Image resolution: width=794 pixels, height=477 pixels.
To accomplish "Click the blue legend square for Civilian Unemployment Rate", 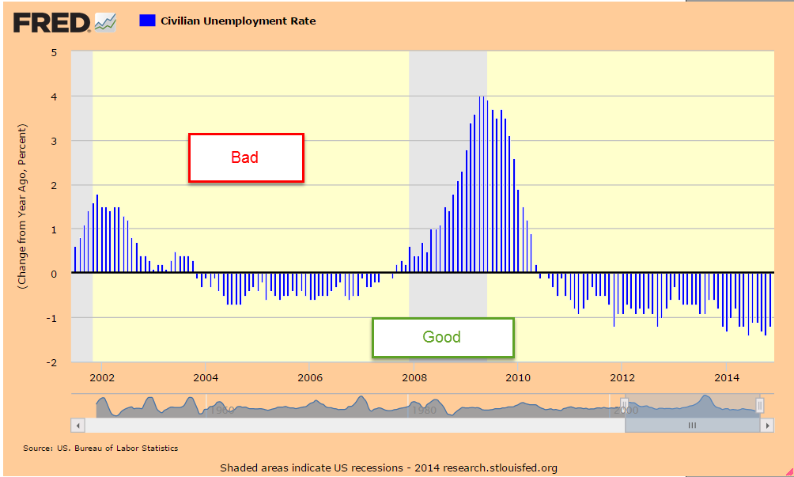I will (146, 21).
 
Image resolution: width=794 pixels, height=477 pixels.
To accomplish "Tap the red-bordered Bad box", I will (245, 157).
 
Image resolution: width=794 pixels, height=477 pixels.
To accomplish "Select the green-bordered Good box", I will (441, 337).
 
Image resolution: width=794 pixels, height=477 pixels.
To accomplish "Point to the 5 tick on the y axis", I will (54, 53).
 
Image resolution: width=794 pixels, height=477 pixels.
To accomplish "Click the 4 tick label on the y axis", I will (54, 97).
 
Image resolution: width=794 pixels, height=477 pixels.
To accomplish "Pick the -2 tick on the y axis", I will (52, 362).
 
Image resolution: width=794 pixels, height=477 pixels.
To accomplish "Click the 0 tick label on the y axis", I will (54, 274).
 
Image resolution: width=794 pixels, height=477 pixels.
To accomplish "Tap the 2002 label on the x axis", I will (102, 377).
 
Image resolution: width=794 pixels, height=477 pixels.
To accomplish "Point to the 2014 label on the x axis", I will (726, 377).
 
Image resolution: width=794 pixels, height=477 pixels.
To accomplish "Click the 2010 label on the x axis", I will (518, 377).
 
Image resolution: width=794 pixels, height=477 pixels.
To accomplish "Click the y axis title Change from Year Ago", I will (24, 206).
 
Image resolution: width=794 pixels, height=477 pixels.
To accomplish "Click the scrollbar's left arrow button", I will (77, 426).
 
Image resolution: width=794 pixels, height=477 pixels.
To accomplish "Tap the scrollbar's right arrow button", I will (766, 426).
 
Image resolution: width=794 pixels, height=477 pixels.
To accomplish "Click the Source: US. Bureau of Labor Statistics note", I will (100, 449).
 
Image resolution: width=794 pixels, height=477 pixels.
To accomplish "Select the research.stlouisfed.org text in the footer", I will (500, 468).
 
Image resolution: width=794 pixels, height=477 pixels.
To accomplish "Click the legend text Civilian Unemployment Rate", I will (238, 21).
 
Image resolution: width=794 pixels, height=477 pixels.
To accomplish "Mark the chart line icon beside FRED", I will (105, 23).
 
